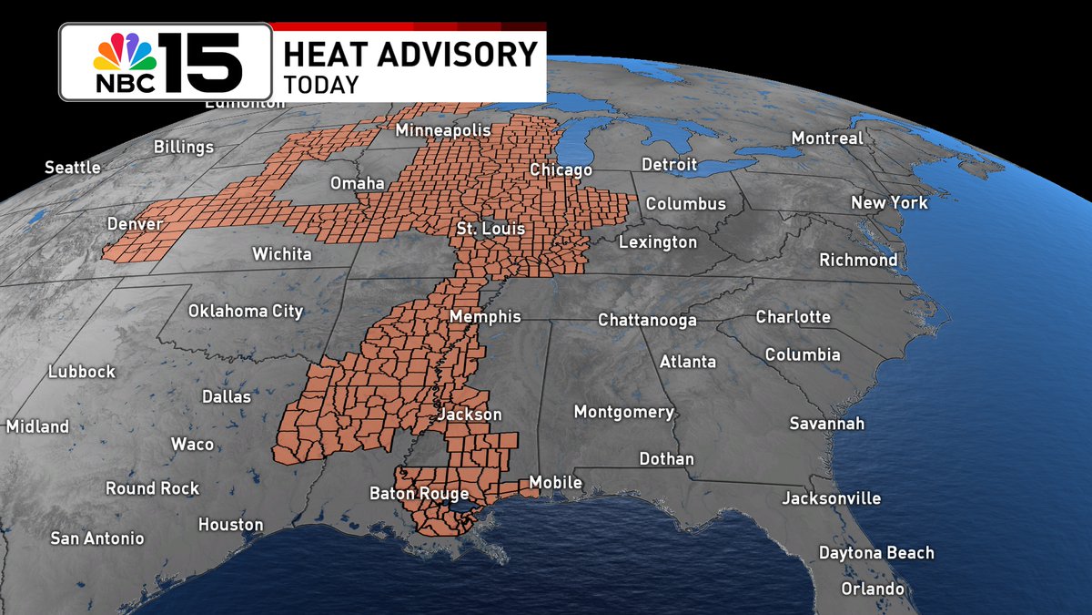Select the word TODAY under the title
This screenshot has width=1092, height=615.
[321, 85]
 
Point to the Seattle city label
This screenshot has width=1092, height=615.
[73, 168]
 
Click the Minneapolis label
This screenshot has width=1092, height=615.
[443, 131]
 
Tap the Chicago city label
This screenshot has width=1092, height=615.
[561, 170]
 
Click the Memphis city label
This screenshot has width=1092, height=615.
[486, 317]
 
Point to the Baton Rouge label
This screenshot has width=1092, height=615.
[419, 494]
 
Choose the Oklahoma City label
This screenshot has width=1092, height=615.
[246, 311]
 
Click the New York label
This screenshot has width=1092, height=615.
[889, 202]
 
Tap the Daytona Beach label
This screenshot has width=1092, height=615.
[876, 553]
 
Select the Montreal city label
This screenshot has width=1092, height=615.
[827, 138]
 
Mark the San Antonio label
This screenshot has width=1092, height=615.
[97, 538]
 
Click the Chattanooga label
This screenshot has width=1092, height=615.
[647, 320]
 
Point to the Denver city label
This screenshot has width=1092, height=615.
[135, 224]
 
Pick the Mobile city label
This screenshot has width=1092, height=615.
[555, 483]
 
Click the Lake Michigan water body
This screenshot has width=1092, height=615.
[571, 141]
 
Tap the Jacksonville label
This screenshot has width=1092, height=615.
[832, 498]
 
